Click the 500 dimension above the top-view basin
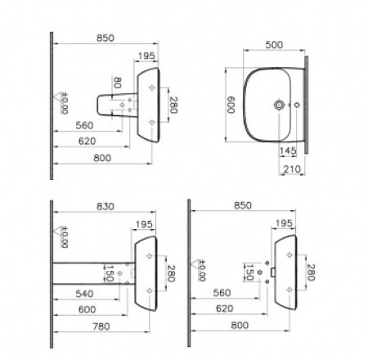pyautogui.click(x=274, y=45)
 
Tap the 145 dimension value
pyautogui.click(x=288, y=151)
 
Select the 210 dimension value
pyautogui.click(x=292, y=169)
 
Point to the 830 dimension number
pyautogui.click(x=105, y=207)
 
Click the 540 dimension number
pyautogui.click(x=84, y=294)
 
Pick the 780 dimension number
pyautogui.click(x=101, y=326)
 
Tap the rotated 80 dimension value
pyautogui.click(x=117, y=83)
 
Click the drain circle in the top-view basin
pyautogui.click(x=279, y=105)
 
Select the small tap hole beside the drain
pyautogui.click(x=297, y=105)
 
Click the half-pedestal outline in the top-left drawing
pyautogui.click(x=98, y=105)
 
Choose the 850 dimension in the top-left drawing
pyautogui.click(x=105, y=38)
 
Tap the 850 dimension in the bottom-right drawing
pyautogui.click(x=243, y=205)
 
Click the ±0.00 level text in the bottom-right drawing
pyautogui.click(x=202, y=270)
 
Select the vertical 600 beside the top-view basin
pyautogui.click(x=231, y=105)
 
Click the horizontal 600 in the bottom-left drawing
pyautogui.click(x=88, y=309)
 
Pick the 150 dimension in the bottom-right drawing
pyautogui.click(x=249, y=272)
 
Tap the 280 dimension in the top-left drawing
pyautogui.click(x=173, y=105)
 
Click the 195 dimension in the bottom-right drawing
pyautogui.click(x=284, y=223)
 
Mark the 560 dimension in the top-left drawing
pyautogui.click(x=84, y=125)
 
